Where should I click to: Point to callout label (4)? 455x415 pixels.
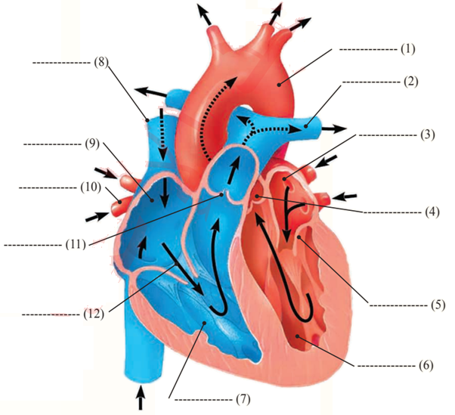coord(427,212)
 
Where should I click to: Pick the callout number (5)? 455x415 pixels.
coord(427,306)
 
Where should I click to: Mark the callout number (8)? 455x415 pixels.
coord(100,62)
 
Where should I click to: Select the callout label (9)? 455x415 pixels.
coord(91,142)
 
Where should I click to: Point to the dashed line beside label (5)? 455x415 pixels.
coord(394,306)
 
